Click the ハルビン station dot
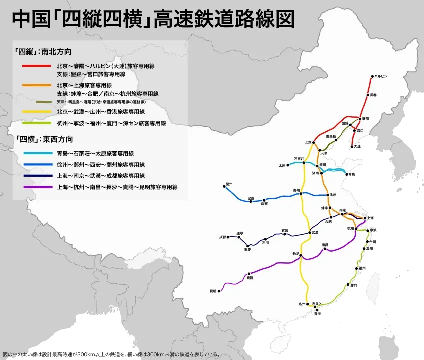(x=372, y=77)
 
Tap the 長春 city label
(x=374, y=95)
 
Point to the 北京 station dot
(x=315, y=143)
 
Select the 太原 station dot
(x=288, y=165)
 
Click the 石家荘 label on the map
(x=299, y=158)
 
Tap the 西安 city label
(x=265, y=204)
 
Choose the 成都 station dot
(x=229, y=237)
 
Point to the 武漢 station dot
(x=309, y=232)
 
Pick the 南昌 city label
(x=325, y=244)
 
